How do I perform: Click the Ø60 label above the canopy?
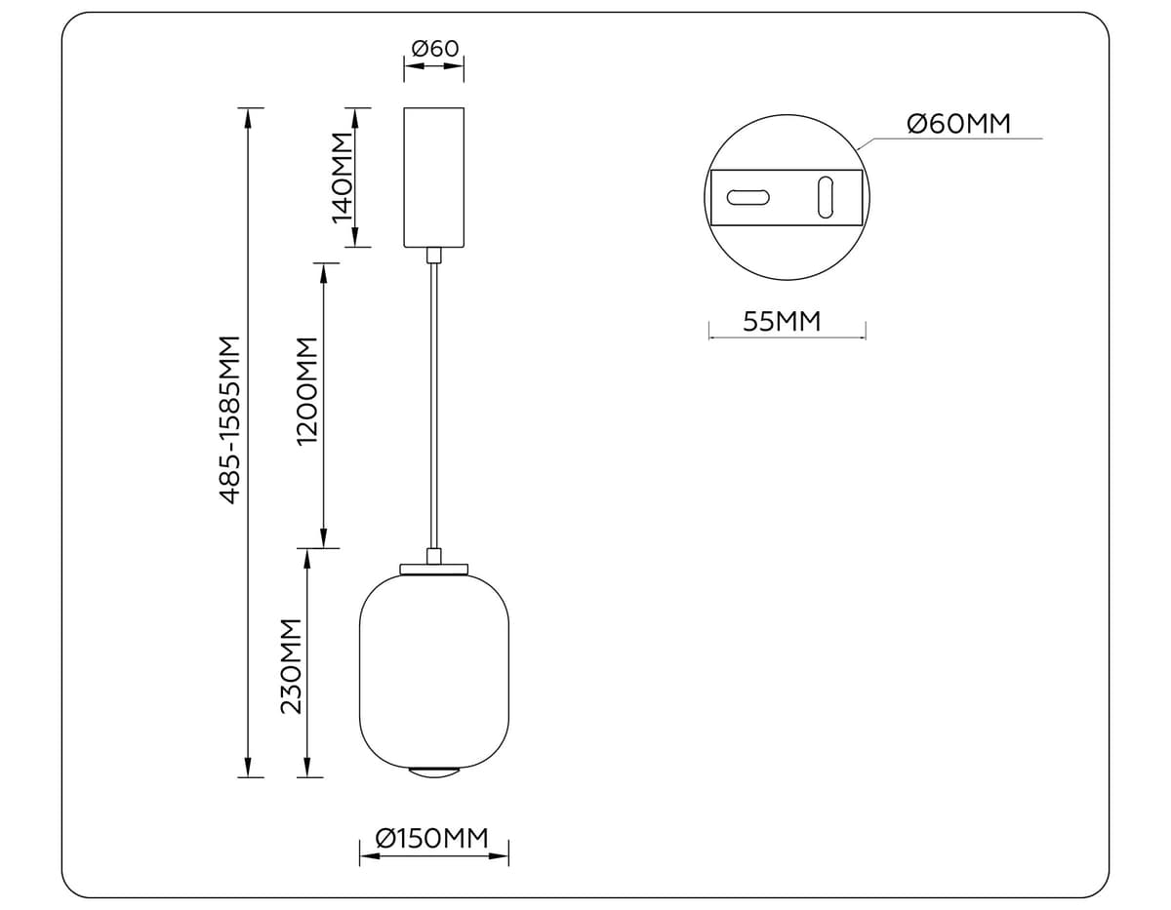[434, 48]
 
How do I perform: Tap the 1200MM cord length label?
[308, 391]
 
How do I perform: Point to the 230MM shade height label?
[292, 666]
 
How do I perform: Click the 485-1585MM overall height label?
[230, 419]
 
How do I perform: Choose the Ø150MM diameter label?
[431, 838]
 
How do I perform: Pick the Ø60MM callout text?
[957, 124]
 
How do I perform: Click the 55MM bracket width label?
[782, 321]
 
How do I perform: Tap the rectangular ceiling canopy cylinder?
[434, 177]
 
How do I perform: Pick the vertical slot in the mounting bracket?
[826, 197]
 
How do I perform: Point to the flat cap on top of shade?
[434, 569]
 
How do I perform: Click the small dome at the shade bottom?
[434, 772]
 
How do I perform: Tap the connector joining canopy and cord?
[434, 256]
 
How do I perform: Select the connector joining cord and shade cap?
[434, 556]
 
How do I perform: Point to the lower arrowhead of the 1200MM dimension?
[324, 538]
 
